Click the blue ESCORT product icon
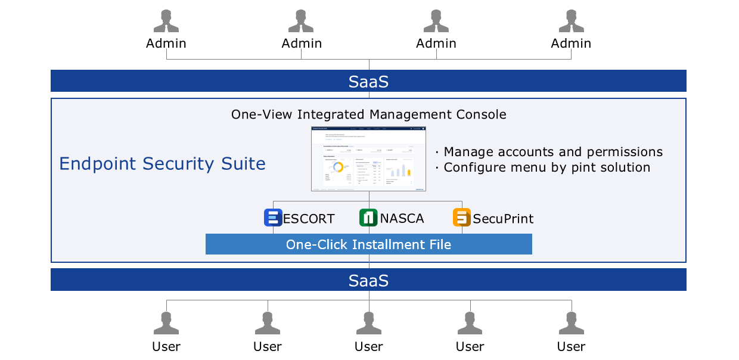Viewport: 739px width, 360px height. tap(273, 218)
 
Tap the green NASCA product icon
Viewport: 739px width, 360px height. tap(368, 218)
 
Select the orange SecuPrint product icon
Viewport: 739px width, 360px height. tap(462, 218)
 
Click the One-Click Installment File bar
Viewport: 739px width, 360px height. tap(368, 244)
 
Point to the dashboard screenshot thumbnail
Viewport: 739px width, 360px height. tap(368, 159)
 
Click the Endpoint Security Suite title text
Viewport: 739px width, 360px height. tap(162, 163)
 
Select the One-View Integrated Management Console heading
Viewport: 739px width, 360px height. tap(368, 114)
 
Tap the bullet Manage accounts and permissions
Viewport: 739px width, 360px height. tap(553, 152)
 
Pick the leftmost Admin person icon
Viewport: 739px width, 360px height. tap(166, 21)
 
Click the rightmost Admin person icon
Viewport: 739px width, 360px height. tap(571, 21)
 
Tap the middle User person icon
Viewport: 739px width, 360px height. tap(369, 324)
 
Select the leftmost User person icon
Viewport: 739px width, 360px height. tap(166, 324)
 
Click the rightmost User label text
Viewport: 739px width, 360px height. tap(571, 346)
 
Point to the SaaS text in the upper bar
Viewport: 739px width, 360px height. tap(368, 82)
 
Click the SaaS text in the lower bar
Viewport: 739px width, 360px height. tap(368, 280)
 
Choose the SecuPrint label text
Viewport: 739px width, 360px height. tap(503, 219)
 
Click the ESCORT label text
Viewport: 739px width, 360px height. tap(309, 219)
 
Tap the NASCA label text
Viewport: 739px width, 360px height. tap(402, 218)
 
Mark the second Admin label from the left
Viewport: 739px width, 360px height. tap(302, 44)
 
